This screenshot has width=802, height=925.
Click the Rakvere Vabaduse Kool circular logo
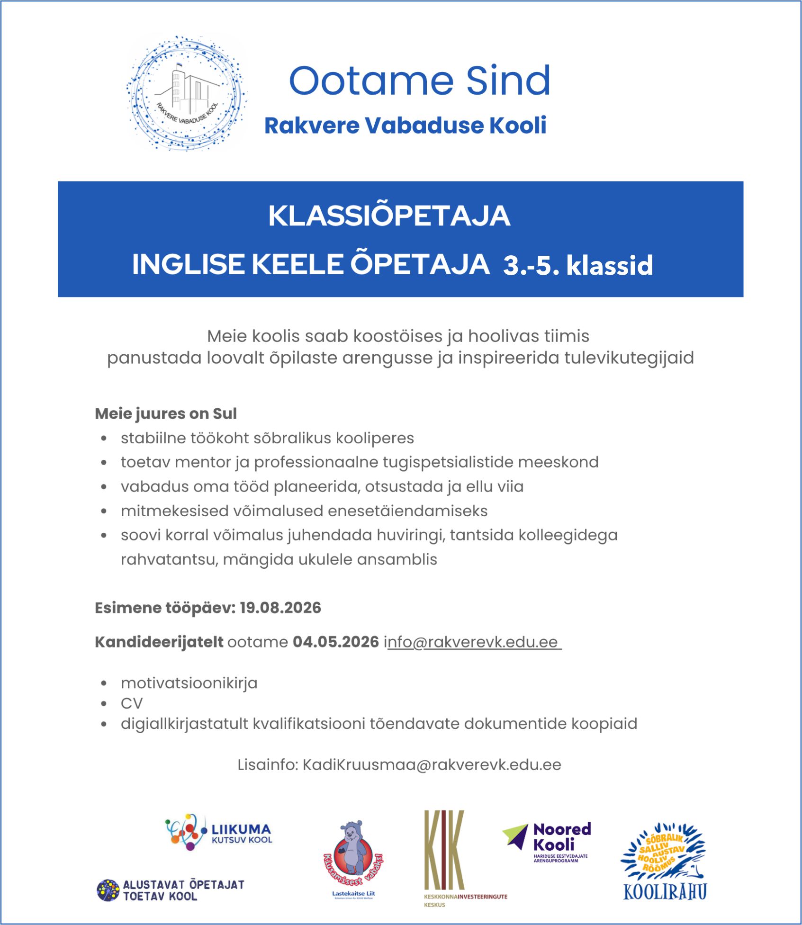tap(186, 94)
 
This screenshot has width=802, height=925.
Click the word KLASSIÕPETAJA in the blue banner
tap(389, 216)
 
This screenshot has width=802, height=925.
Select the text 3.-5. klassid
tap(578, 265)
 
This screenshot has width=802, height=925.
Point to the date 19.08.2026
tap(280, 608)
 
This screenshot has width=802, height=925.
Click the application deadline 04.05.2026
tap(335, 642)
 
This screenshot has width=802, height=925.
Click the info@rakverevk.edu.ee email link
tap(474, 642)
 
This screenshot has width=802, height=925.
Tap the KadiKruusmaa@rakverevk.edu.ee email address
tap(432, 765)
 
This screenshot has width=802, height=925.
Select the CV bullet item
tap(132, 703)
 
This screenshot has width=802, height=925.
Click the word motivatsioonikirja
tap(189, 683)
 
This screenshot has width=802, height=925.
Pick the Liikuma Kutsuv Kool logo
tap(219, 833)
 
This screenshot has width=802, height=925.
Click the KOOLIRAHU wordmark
tap(665, 892)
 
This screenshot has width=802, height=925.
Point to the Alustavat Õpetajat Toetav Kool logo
tap(171, 890)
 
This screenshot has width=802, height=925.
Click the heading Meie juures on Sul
tap(166, 413)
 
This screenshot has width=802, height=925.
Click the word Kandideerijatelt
tap(159, 642)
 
